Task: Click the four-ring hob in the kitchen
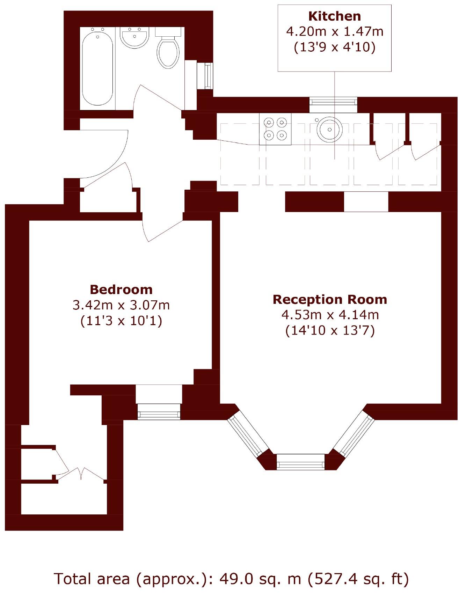click(x=275, y=129)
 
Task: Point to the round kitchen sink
click(x=329, y=129)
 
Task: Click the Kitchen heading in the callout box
click(x=334, y=16)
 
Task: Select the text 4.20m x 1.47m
click(x=334, y=32)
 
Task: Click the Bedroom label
click(x=121, y=290)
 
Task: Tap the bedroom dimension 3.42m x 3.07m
click(x=121, y=305)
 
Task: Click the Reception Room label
click(x=330, y=299)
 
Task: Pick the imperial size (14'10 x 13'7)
click(x=330, y=330)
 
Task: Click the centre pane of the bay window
click(x=300, y=462)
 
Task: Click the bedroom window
click(x=159, y=411)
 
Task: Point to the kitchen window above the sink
click(x=333, y=101)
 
